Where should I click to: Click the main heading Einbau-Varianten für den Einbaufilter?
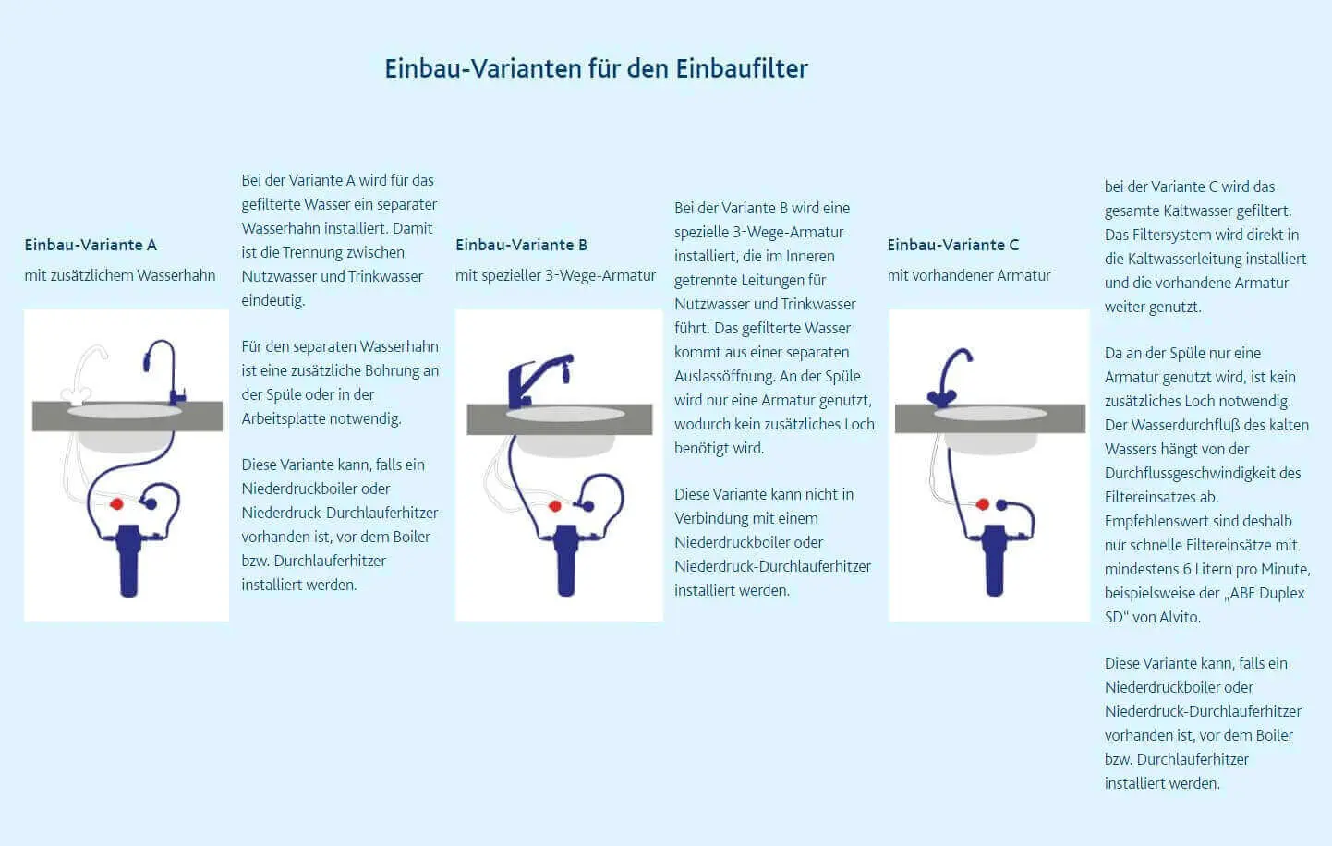click(x=596, y=68)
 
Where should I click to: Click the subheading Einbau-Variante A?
click(x=91, y=245)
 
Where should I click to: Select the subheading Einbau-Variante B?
click(x=521, y=245)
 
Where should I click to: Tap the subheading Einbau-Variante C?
click(x=952, y=245)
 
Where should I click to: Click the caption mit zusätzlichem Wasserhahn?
click(x=120, y=275)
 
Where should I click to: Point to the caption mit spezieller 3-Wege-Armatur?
click(x=555, y=275)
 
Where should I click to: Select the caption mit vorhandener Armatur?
click(x=969, y=275)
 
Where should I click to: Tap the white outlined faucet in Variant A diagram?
click(x=85, y=375)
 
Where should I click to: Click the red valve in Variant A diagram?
click(x=117, y=504)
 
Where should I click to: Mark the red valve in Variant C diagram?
click(x=983, y=504)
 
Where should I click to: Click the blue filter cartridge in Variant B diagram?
click(x=564, y=560)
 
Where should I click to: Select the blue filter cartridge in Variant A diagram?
click(x=129, y=560)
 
